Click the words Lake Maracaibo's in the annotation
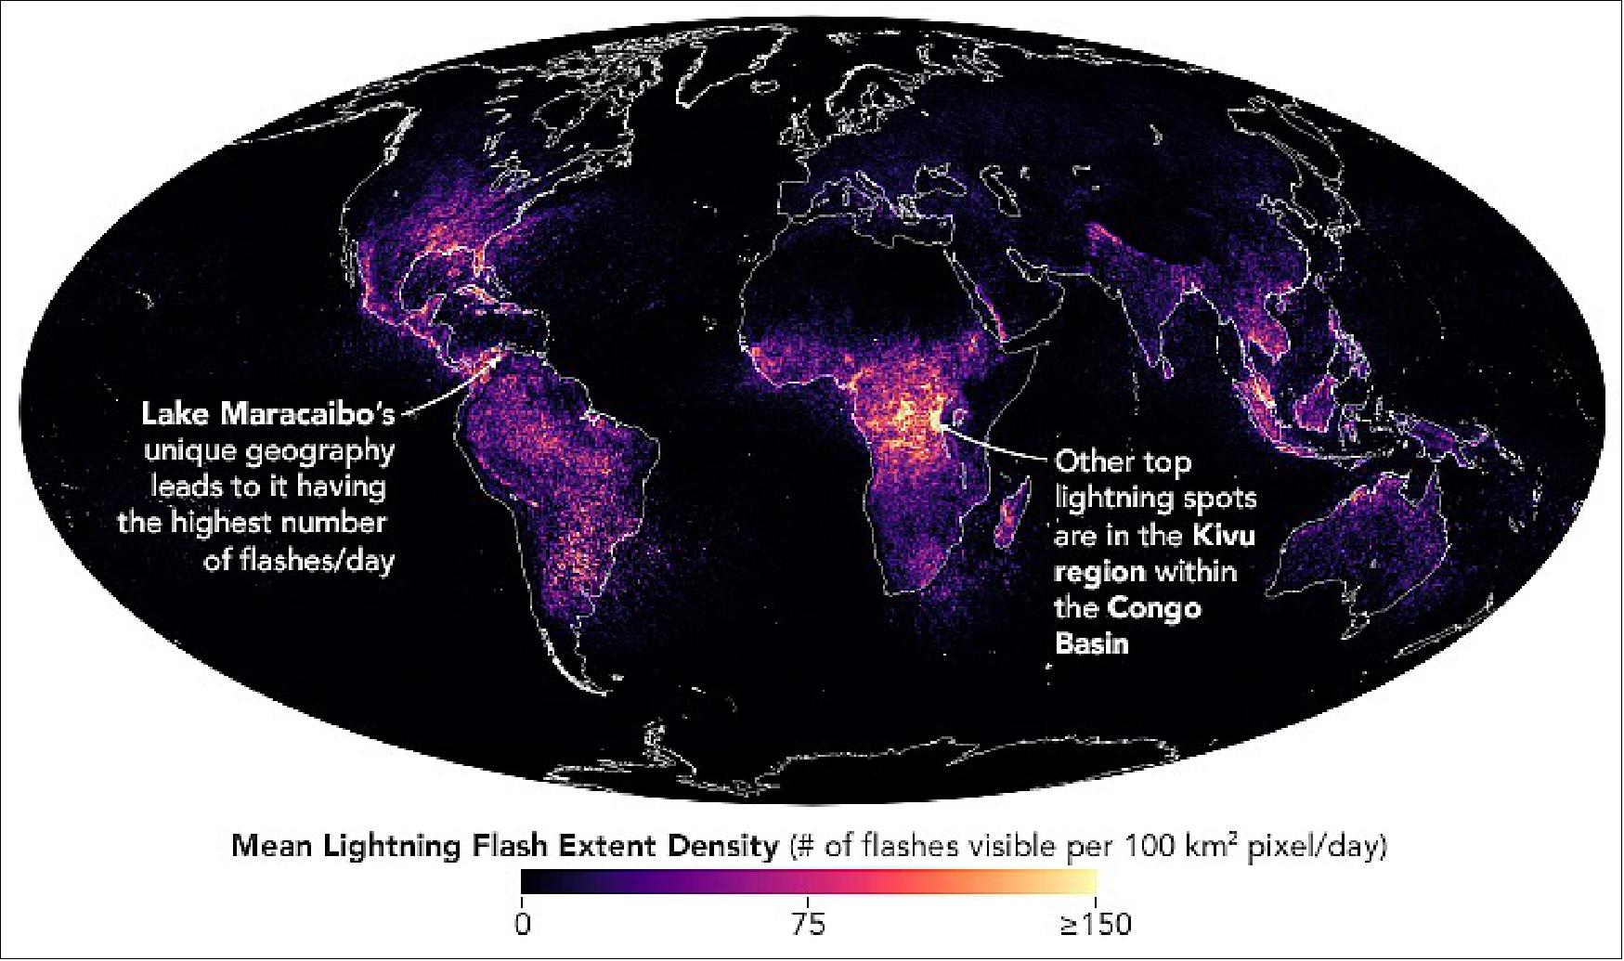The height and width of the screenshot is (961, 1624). [267, 414]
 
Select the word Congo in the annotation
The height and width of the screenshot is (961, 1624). [1154, 608]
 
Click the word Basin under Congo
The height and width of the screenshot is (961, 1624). [1091, 643]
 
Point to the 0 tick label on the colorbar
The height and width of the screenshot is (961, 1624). [522, 925]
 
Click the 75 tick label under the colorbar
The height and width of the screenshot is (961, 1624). [808, 925]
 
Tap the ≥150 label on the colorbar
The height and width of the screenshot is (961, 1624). [1096, 925]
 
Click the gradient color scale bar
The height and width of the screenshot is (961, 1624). [808, 880]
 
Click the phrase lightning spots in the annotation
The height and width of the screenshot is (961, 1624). [1154, 499]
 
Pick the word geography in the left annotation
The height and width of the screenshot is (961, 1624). [319, 450]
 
